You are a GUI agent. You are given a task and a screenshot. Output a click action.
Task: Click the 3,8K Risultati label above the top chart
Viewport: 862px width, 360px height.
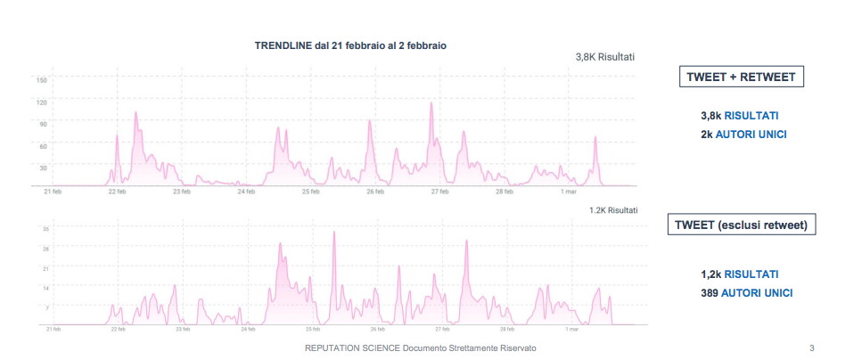tap(605, 57)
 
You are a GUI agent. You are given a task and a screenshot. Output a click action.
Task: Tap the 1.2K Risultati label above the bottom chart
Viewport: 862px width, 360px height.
tap(613, 210)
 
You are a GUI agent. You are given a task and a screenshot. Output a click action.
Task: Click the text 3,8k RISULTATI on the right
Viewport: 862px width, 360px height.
tap(740, 116)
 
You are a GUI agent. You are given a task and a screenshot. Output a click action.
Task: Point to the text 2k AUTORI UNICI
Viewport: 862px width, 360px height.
tap(743, 135)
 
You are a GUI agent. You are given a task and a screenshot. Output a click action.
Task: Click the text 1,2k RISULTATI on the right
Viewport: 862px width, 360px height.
tap(740, 274)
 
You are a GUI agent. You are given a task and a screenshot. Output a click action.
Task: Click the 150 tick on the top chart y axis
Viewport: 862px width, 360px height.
tap(41, 80)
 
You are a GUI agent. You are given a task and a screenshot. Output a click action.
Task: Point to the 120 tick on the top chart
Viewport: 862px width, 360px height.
tap(41, 102)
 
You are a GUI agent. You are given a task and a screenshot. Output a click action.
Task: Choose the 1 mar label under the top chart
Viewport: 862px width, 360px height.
tap(568, 191)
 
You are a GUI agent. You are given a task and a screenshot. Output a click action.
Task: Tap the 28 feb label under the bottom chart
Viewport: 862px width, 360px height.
tap(505, 329)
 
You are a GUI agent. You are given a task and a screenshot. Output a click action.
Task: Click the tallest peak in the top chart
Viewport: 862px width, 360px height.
tap(431, 102)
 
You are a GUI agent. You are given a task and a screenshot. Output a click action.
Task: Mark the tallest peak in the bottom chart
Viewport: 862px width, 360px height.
tap(334, 233)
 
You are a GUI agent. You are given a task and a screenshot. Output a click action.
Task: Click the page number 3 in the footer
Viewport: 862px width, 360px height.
tap(811, 348)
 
